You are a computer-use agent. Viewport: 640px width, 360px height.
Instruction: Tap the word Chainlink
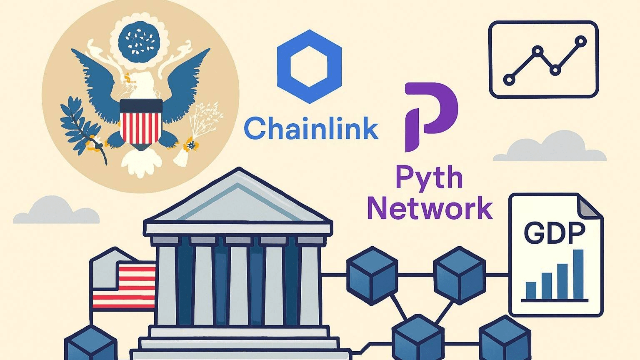311,128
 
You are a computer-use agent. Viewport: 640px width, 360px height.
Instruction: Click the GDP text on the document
554,234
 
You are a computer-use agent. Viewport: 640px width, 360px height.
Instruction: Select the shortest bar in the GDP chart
531,290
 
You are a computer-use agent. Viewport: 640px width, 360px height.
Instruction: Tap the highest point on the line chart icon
580,41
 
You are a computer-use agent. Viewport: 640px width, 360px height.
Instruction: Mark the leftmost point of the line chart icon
509,80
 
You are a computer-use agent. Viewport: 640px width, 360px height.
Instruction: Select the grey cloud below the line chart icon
550,148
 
